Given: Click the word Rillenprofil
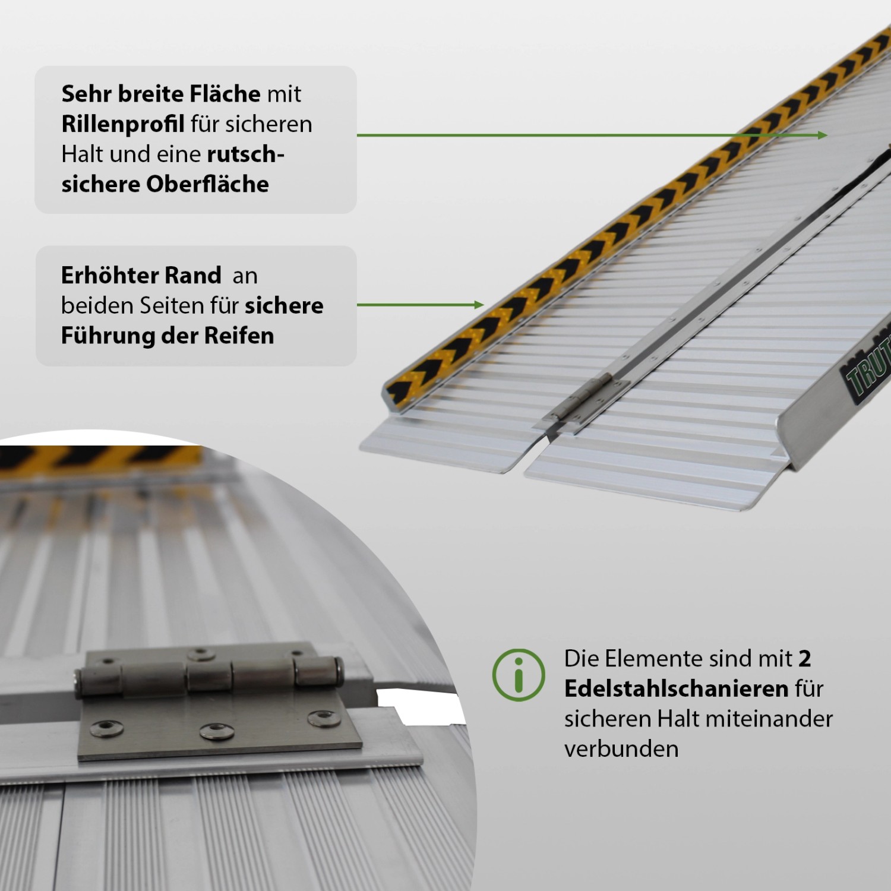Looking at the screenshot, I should point(123,124).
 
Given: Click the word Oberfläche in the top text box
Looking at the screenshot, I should point(207,184).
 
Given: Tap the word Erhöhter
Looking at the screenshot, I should point(109,276).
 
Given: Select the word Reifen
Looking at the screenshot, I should point(239,336).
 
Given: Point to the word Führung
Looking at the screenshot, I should point(108,336).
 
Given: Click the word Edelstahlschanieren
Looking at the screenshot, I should point(676,689).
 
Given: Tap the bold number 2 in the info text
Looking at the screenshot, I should point(805,659).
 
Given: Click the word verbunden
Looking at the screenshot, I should point(621,749).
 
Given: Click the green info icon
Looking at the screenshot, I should point(519,675).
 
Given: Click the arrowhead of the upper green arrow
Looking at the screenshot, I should point(823,135).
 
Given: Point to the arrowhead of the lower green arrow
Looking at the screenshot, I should point(479,305).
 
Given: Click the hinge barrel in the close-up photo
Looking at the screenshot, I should point(208,675).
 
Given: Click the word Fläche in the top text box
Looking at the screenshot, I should point(225,94).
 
